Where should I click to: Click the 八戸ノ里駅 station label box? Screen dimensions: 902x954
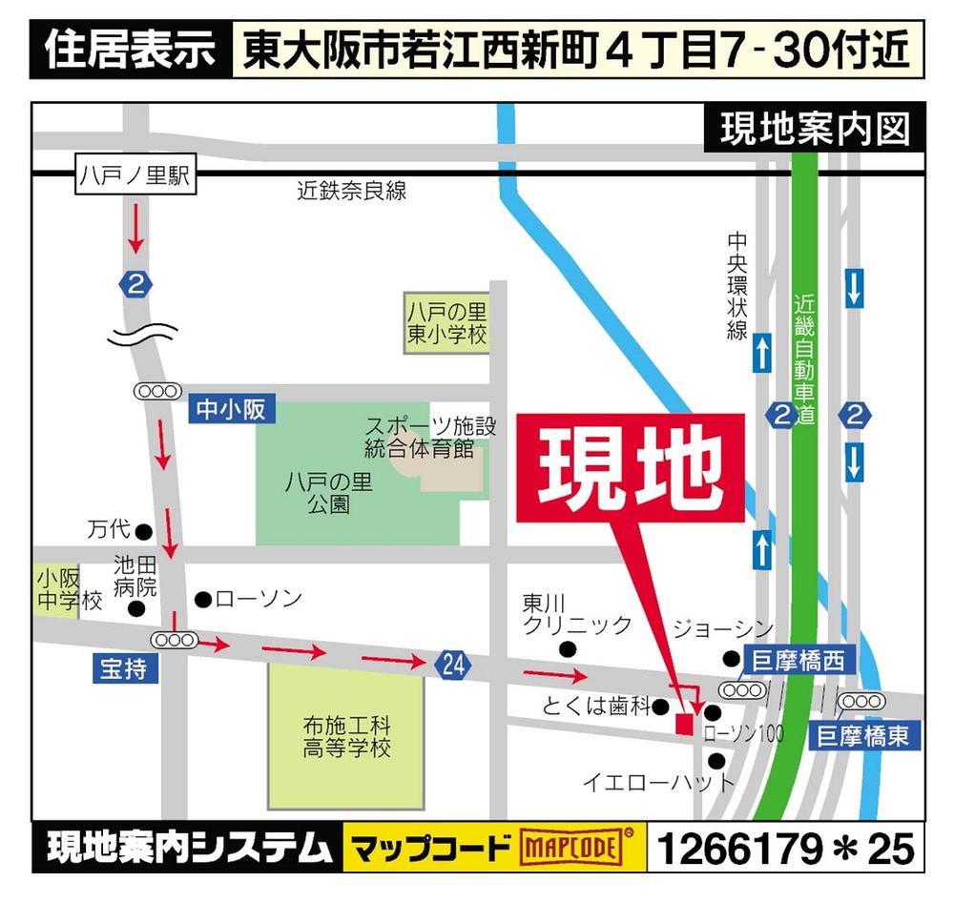135,176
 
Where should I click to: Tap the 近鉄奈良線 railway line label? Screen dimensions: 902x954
351,191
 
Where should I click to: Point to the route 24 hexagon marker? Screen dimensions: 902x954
454,666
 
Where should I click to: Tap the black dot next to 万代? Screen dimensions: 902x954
144,531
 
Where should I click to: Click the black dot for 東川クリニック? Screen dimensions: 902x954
569,650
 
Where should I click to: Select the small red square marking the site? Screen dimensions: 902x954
683,724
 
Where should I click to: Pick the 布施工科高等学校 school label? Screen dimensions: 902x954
346,736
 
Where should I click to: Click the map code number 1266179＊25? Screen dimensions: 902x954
784,848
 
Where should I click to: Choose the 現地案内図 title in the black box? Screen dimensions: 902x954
814,129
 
